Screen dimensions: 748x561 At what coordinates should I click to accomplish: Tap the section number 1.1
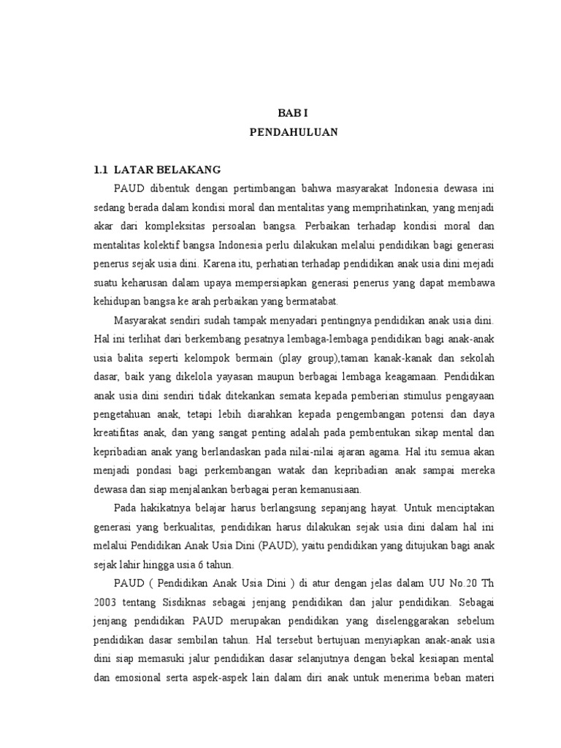pos(102,170)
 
